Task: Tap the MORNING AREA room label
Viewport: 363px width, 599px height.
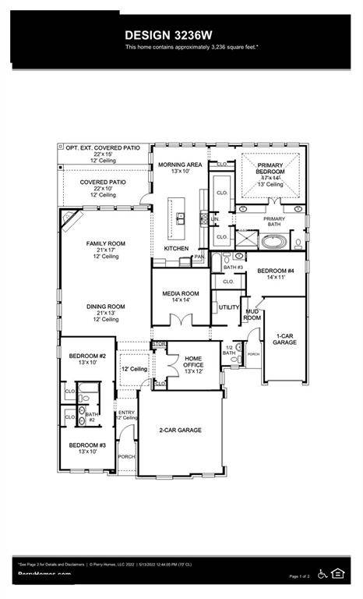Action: pos(180,165)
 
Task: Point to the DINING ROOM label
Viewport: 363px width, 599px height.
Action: pos(105,307)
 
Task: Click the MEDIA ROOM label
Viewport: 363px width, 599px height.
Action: pos(181,294)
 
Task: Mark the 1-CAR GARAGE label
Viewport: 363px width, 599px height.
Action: pos(285,340)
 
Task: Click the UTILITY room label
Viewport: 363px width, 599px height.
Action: pos(228,307)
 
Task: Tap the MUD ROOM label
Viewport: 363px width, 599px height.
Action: pos(252,314)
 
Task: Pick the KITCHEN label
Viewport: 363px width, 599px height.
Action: pos(176,248)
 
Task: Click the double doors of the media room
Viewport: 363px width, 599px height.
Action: pos(181,319)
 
